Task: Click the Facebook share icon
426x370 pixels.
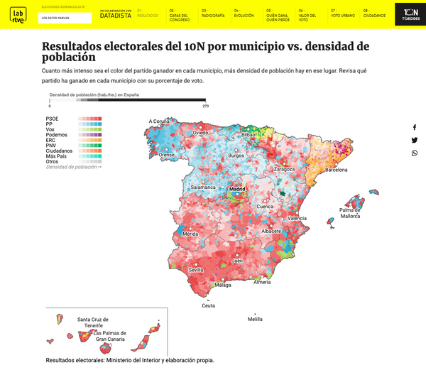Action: [414, 127]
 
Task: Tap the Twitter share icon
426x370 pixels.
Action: [414, 140]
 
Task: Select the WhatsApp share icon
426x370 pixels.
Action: [414, 153]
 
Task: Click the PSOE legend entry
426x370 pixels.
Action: [53, 119]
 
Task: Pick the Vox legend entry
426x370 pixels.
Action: [50, 129]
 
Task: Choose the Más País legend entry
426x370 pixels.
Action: [56, 156]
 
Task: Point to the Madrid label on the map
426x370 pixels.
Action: [236, 190]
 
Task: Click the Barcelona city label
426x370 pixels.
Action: [336, 170]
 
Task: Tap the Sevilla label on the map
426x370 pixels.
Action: [197, 271]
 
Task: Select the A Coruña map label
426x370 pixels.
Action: [164, 121]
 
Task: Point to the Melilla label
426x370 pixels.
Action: [254, 320]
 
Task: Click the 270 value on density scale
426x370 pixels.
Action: [205, 106]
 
